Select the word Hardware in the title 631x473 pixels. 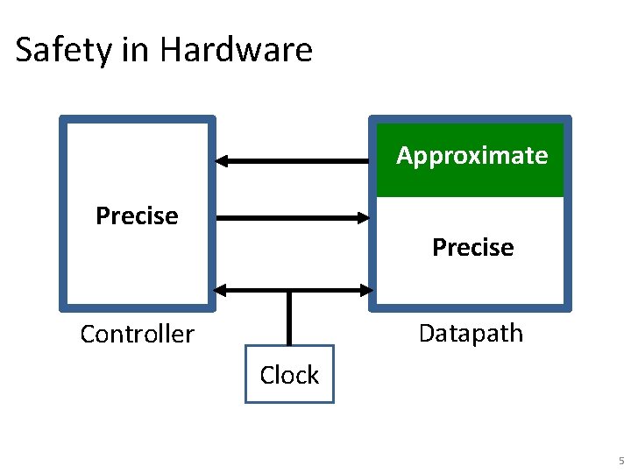236,50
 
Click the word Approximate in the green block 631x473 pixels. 471,156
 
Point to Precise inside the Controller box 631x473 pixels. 137,215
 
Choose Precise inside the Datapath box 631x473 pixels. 472,248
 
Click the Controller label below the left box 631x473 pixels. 137,334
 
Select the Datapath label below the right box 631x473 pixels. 471,333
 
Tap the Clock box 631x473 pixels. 289,375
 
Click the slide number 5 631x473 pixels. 620,461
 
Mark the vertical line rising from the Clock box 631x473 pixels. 289,319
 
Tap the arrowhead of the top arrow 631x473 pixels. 223,160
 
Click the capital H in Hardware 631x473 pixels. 169,50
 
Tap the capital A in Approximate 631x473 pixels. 405,156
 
